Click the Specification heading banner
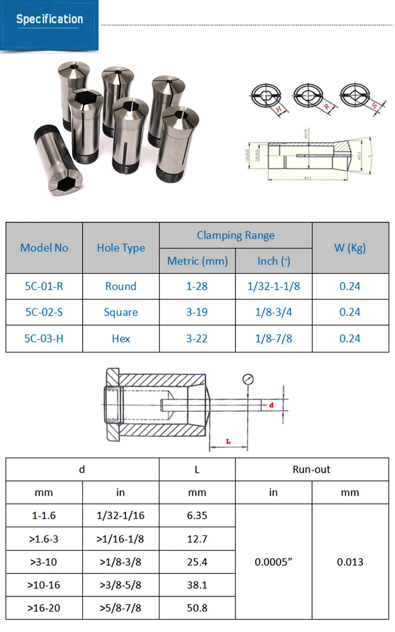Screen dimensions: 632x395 (x=50, y=20)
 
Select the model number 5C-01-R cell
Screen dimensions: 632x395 (x=44, y=286)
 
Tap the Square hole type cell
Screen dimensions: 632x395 (x=121, y=312)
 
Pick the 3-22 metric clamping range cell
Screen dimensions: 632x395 (x=197, y=339)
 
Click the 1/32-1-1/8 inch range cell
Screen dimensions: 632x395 (x=273, y=286)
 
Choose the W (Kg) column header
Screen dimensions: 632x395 (x=350, y=248)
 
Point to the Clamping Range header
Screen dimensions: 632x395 (x=235, y=235)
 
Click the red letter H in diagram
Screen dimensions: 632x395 (x=279, y=109)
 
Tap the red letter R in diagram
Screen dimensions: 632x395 (x=327, y=107)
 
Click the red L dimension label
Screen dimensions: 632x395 (x=228, y=441)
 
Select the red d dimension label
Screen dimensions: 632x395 (x=271, y=405)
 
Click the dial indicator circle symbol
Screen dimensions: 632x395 (x=248, y=379)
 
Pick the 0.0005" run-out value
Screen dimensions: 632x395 (x=273, y=562)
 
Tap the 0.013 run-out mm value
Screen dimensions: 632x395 (x=350, y=562)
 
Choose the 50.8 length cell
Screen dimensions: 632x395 (x=197, y=608)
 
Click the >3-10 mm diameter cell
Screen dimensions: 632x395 (x=44, y=562)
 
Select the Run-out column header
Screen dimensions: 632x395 (x=311, y=470)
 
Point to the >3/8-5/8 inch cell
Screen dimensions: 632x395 (x=121, y=585)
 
